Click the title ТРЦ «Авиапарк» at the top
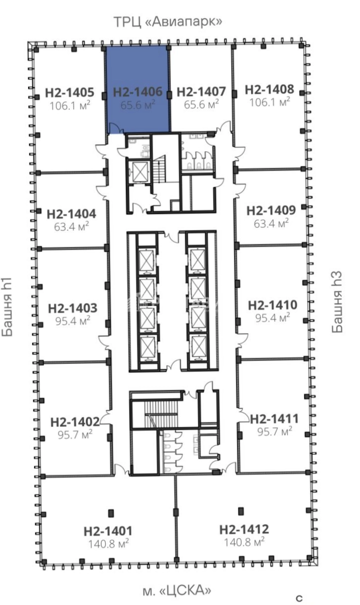click(168, 22)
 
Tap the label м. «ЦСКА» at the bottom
click(177, 590)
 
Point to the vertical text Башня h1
click(7, 307)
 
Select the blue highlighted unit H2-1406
click(138, 89)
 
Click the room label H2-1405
click(70, 92)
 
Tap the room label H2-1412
click(244, 529)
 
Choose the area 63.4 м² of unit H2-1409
click(271, 223)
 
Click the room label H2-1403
click(72, 308)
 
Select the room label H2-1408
click(269, 89)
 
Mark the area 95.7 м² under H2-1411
click(274, 432)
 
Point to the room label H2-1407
click(201, 91)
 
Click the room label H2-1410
click(272, 305)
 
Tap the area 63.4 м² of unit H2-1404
click(72, 226)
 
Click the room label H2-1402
click(75, 422)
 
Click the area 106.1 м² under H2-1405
click(70, 105)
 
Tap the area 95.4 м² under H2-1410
click(272, 318)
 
